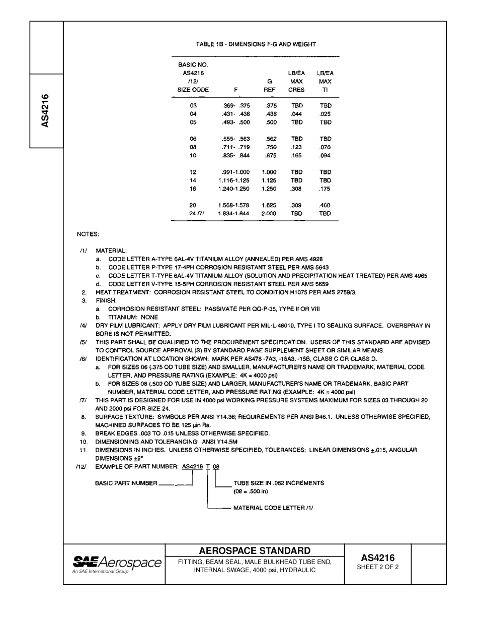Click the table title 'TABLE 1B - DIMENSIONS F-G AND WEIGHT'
256,44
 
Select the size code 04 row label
193,114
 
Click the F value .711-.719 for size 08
236,147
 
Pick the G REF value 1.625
269,205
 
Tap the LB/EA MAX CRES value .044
296,114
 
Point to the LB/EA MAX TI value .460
325,205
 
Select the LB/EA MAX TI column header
325,81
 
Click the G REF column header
270,85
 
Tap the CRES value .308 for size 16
296,189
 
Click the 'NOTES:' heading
88,234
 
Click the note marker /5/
84,342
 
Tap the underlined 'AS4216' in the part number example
192,467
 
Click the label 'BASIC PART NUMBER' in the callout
126,483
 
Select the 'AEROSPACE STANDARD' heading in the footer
255,550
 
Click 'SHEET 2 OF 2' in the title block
377,567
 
